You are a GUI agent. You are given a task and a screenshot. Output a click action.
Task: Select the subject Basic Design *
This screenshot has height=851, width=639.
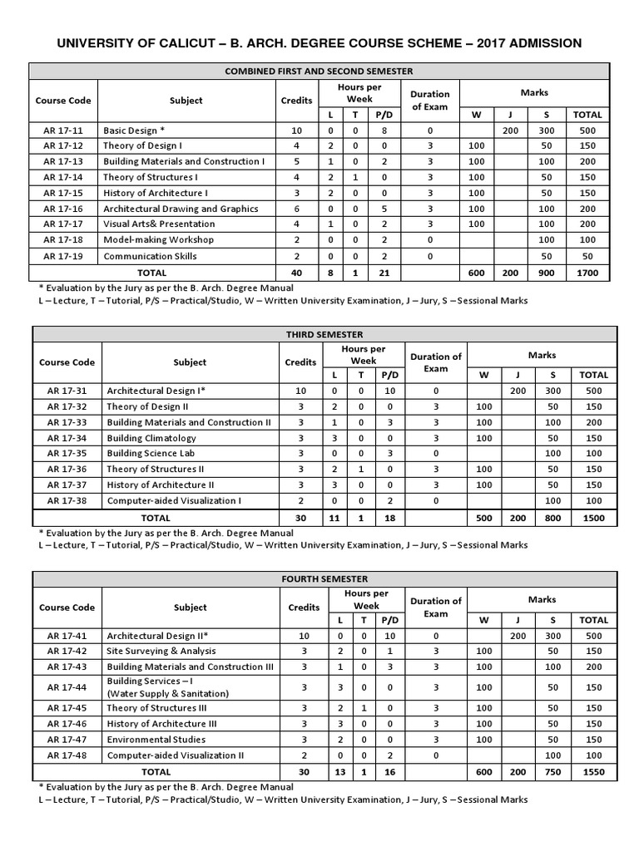click(x=134, y=130)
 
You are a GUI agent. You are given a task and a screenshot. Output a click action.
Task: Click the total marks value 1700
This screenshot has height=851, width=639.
click(x=593, y=273)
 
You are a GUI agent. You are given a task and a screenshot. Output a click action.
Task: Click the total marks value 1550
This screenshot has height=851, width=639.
click(x=593, y=771)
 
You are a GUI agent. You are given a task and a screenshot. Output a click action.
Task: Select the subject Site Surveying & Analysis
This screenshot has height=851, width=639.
click(x=161, y=651)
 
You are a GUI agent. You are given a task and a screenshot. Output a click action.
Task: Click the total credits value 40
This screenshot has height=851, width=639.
click(x=297, y=273)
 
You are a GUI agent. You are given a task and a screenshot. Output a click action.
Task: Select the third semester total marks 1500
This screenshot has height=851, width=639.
click(x=593, y=517)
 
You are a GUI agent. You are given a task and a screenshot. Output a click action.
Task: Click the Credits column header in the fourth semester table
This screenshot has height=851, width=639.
click(x=305, y=608)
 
